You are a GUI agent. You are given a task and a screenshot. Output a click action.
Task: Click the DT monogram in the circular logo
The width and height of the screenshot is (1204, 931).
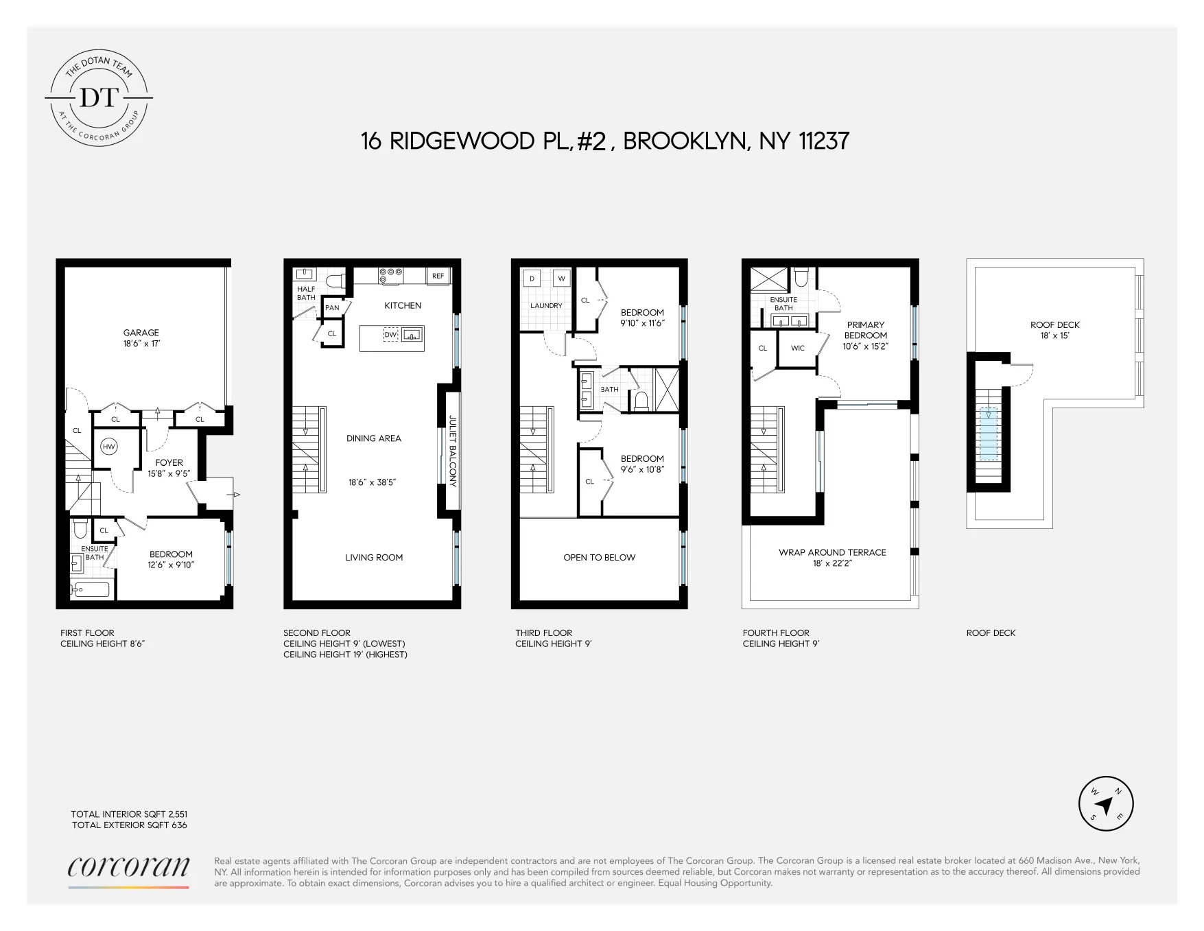coord(99,97)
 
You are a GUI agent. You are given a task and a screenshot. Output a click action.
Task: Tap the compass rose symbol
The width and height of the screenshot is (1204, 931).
coord(1105,804)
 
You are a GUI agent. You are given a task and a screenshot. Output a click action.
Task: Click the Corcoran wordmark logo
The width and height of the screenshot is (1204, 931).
coord(128,867)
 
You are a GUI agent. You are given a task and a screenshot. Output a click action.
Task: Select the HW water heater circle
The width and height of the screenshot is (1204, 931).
coord(108,447)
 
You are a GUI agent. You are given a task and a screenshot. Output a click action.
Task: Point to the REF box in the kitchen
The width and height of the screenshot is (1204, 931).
coord(438,276)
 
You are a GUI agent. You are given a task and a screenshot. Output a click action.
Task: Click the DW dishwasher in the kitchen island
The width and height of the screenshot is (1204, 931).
coord(390,335)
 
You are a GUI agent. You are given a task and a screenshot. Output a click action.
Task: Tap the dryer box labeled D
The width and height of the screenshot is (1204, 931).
coord(532,279)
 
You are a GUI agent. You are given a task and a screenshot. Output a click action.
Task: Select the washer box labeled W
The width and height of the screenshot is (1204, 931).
coord(561,279)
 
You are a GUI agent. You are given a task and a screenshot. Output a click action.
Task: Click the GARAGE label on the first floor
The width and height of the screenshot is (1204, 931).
coord(141,333)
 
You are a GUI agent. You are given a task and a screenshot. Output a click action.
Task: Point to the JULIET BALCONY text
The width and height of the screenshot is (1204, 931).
coord(452,451)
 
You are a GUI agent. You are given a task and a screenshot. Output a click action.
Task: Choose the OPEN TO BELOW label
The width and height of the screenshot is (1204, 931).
coord(599,557)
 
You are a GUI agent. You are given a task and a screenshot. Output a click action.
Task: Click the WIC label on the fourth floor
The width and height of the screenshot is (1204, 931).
coord(797,348)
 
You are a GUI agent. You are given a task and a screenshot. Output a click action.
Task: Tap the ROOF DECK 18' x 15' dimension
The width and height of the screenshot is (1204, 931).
coord(1054,335)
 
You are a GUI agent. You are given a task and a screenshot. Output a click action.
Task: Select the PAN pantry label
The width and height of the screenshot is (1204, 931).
coord(332,307)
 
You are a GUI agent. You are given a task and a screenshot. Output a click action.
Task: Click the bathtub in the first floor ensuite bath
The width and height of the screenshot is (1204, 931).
coord(91,589)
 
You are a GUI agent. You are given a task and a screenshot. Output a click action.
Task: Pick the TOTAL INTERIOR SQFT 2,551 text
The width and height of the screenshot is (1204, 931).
coord(129,814)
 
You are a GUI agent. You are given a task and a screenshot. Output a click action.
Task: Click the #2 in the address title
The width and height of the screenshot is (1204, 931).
coord(591,141)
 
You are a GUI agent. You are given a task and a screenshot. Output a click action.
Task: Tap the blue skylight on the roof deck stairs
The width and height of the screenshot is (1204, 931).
coord(988,434)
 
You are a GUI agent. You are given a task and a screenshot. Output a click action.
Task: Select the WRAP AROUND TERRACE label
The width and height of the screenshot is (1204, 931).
coord(832,552)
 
